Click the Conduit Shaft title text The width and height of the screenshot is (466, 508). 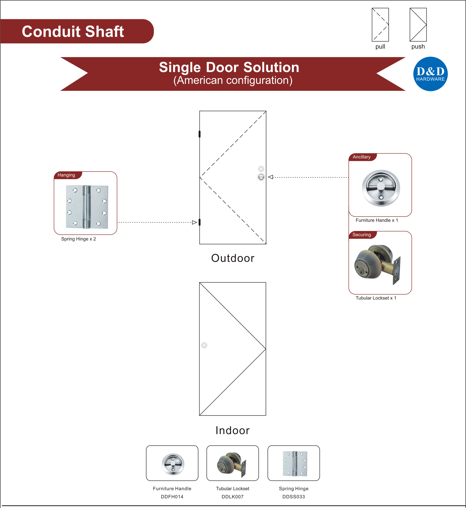click(x=73, y=32)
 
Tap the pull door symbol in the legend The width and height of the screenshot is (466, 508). click(x=380, y=25)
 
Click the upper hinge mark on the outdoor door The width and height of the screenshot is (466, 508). click(x=199, y=134)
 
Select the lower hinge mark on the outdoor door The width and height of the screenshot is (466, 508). click(x=199, y=222)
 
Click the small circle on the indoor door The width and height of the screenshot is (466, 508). click(x=204, y=345)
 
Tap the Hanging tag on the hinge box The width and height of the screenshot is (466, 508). click(x=66, y=175)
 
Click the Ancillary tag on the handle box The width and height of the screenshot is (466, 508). click(x=361, y=157)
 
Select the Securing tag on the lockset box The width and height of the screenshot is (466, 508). click(x=361, y=235)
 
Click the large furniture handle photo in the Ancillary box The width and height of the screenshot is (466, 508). click(x=381, y=188)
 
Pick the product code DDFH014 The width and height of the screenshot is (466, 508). click(x=172, y=497)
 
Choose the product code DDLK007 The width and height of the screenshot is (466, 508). click(x=232, y=497)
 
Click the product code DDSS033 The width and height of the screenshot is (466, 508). click(x=293, y=497)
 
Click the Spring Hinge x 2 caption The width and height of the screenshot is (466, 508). click(x=78, y=239)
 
